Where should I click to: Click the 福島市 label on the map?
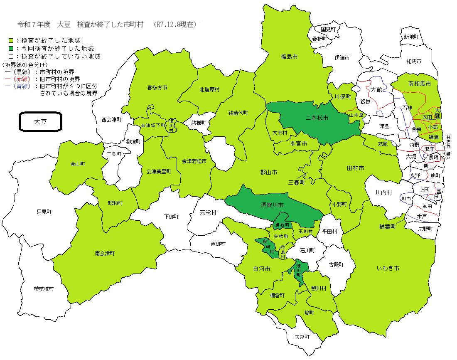tap(289, 57)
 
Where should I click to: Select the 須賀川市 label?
tap(272, 205)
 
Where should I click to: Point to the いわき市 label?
tap(388, 269)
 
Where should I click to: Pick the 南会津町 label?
tap(105, 253)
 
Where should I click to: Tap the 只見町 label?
tap(44, 212)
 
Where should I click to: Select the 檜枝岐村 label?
tap(44, 288)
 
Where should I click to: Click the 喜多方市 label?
tap(157, 88)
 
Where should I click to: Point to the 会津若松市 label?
tap(194, 161)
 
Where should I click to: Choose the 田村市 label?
tap(355, 168)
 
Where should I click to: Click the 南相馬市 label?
tap(420, 84)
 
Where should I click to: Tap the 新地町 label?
tap(411, 37)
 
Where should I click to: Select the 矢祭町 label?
tap(302, 337)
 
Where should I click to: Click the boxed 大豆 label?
tap(41, 122)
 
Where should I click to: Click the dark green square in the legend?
tap(11, 49)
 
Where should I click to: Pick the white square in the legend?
tap(11, 56)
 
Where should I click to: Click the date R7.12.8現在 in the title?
tap(175, 25)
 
